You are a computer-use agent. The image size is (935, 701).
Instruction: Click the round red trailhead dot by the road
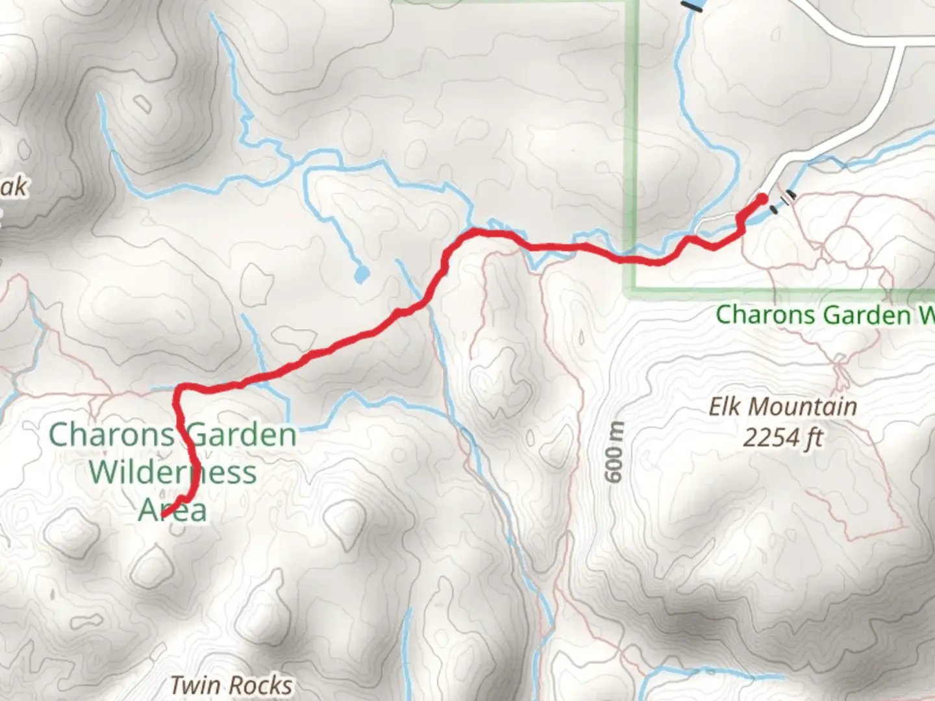(762, 199)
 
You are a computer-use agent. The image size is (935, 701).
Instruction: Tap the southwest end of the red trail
(162, 516)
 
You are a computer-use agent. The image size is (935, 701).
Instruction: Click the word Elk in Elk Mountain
(725, 408)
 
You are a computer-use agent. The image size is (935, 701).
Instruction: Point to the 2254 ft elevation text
(782, 439)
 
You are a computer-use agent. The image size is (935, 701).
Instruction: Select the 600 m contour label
(615, 452)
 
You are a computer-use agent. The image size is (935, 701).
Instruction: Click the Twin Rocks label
(231, 685)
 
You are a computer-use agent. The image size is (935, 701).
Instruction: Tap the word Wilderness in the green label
(173, 472)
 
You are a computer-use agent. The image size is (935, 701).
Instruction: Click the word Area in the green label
(173, 510)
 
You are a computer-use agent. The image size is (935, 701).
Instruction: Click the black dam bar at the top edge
(693, 6)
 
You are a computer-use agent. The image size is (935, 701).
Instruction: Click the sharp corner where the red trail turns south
(179, 389)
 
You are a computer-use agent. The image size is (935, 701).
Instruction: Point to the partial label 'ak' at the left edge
(14, 187)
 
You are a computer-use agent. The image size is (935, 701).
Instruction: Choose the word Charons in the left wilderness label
(111, 434)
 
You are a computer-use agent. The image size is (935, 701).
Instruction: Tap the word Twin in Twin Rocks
(193, 685)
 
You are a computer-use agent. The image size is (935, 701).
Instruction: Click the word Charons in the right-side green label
(764, 315)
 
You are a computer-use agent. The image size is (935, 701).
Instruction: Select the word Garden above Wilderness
(242, 434)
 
